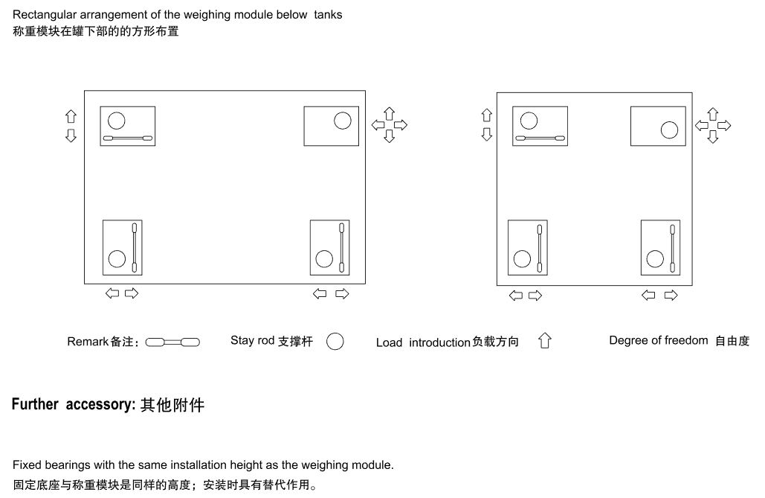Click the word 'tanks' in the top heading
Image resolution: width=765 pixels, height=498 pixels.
(328, 15)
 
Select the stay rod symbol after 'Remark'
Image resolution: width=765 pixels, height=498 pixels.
(172, 342)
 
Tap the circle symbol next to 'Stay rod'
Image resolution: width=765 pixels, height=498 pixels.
(335, 342)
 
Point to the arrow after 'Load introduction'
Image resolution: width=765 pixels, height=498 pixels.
(545, 341)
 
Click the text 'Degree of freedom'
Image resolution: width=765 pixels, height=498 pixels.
(659, 341)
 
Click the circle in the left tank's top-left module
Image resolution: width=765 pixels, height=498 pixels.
(117, 120)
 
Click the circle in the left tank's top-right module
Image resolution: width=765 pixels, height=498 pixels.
(343, 120)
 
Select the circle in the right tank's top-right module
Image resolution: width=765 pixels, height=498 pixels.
(670, 130)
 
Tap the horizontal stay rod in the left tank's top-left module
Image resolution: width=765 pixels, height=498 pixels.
(127, 139)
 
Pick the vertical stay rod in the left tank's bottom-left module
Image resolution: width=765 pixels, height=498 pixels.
(135, 248)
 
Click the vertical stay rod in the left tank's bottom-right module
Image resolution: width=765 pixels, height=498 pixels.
(342, 248)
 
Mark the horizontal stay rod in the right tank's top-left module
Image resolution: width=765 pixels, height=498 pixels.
(540, 139)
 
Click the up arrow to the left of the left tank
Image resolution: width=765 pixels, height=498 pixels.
(71, 116)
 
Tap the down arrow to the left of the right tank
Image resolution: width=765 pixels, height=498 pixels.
(487, 134)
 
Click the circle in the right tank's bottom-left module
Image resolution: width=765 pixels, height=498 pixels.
(522, 259)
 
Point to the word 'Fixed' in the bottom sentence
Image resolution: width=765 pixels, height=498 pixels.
(27, 465)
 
